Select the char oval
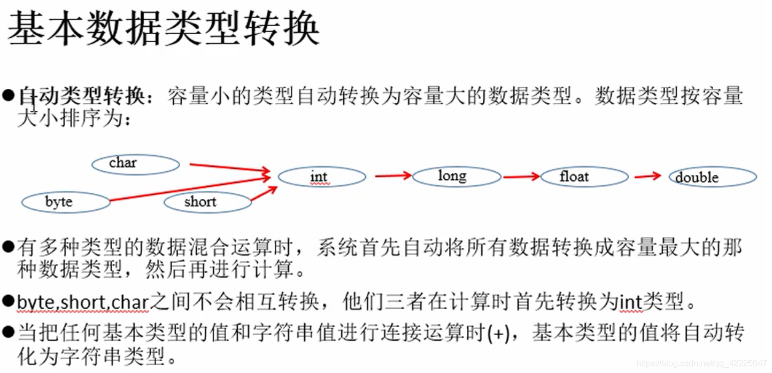click(135, 164)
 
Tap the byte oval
click(65, 202)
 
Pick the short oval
click(207, 202)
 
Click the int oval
click(322, 177)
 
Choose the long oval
click(457, 176)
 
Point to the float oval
click(584, 177)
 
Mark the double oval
click(713, 178)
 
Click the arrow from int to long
click(392, 176)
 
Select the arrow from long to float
click(521, 176)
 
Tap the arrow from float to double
click(648, 176)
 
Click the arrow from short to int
click(264, 194)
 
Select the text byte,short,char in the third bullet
click(82, 303)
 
